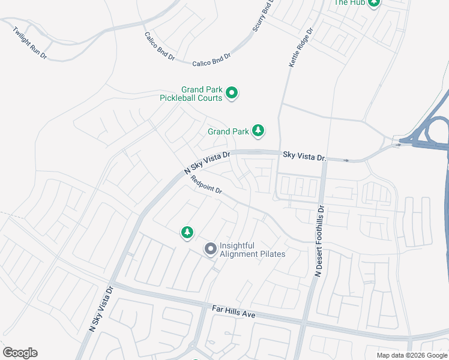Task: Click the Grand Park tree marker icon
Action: pyautogui.click(x=258, y=130)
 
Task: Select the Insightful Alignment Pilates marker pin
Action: pyautogui.click(x=211, y=248)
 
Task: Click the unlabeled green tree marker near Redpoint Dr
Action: pyautogui.click(x=187, y=232)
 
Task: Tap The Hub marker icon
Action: pyautogui.click(x=375, y=3)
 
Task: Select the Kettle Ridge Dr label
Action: pyautogui.click(x=301, y=47)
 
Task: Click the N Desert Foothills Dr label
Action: pyautogui.click(x=320, y=241)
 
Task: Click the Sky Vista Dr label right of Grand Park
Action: pyautogui.click(x=304, y=157)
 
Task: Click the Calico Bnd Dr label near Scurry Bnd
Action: pyautogui.click(x=211, y=60)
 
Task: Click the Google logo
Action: pyautogui.click(x=20, y=353)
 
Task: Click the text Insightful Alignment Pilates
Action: pyautogui.click(x=252, y=250)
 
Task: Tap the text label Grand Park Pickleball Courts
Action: pyautogui.click(x=191, y=93)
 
